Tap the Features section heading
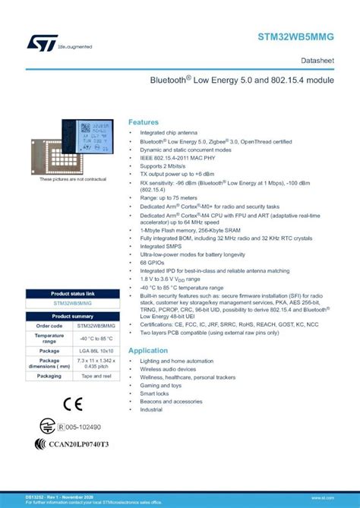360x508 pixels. point(144,121)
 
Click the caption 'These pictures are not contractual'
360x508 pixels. point(73,179)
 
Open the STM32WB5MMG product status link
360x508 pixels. point(73,303)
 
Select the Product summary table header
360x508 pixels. point(73,316)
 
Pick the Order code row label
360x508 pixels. point(49,326)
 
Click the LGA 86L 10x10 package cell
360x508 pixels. point(96,351)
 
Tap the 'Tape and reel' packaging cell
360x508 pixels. point(96,376)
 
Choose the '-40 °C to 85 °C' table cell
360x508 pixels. point(96,338)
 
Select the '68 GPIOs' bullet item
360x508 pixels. point(153,262)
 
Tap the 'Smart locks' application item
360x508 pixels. point(154,393)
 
